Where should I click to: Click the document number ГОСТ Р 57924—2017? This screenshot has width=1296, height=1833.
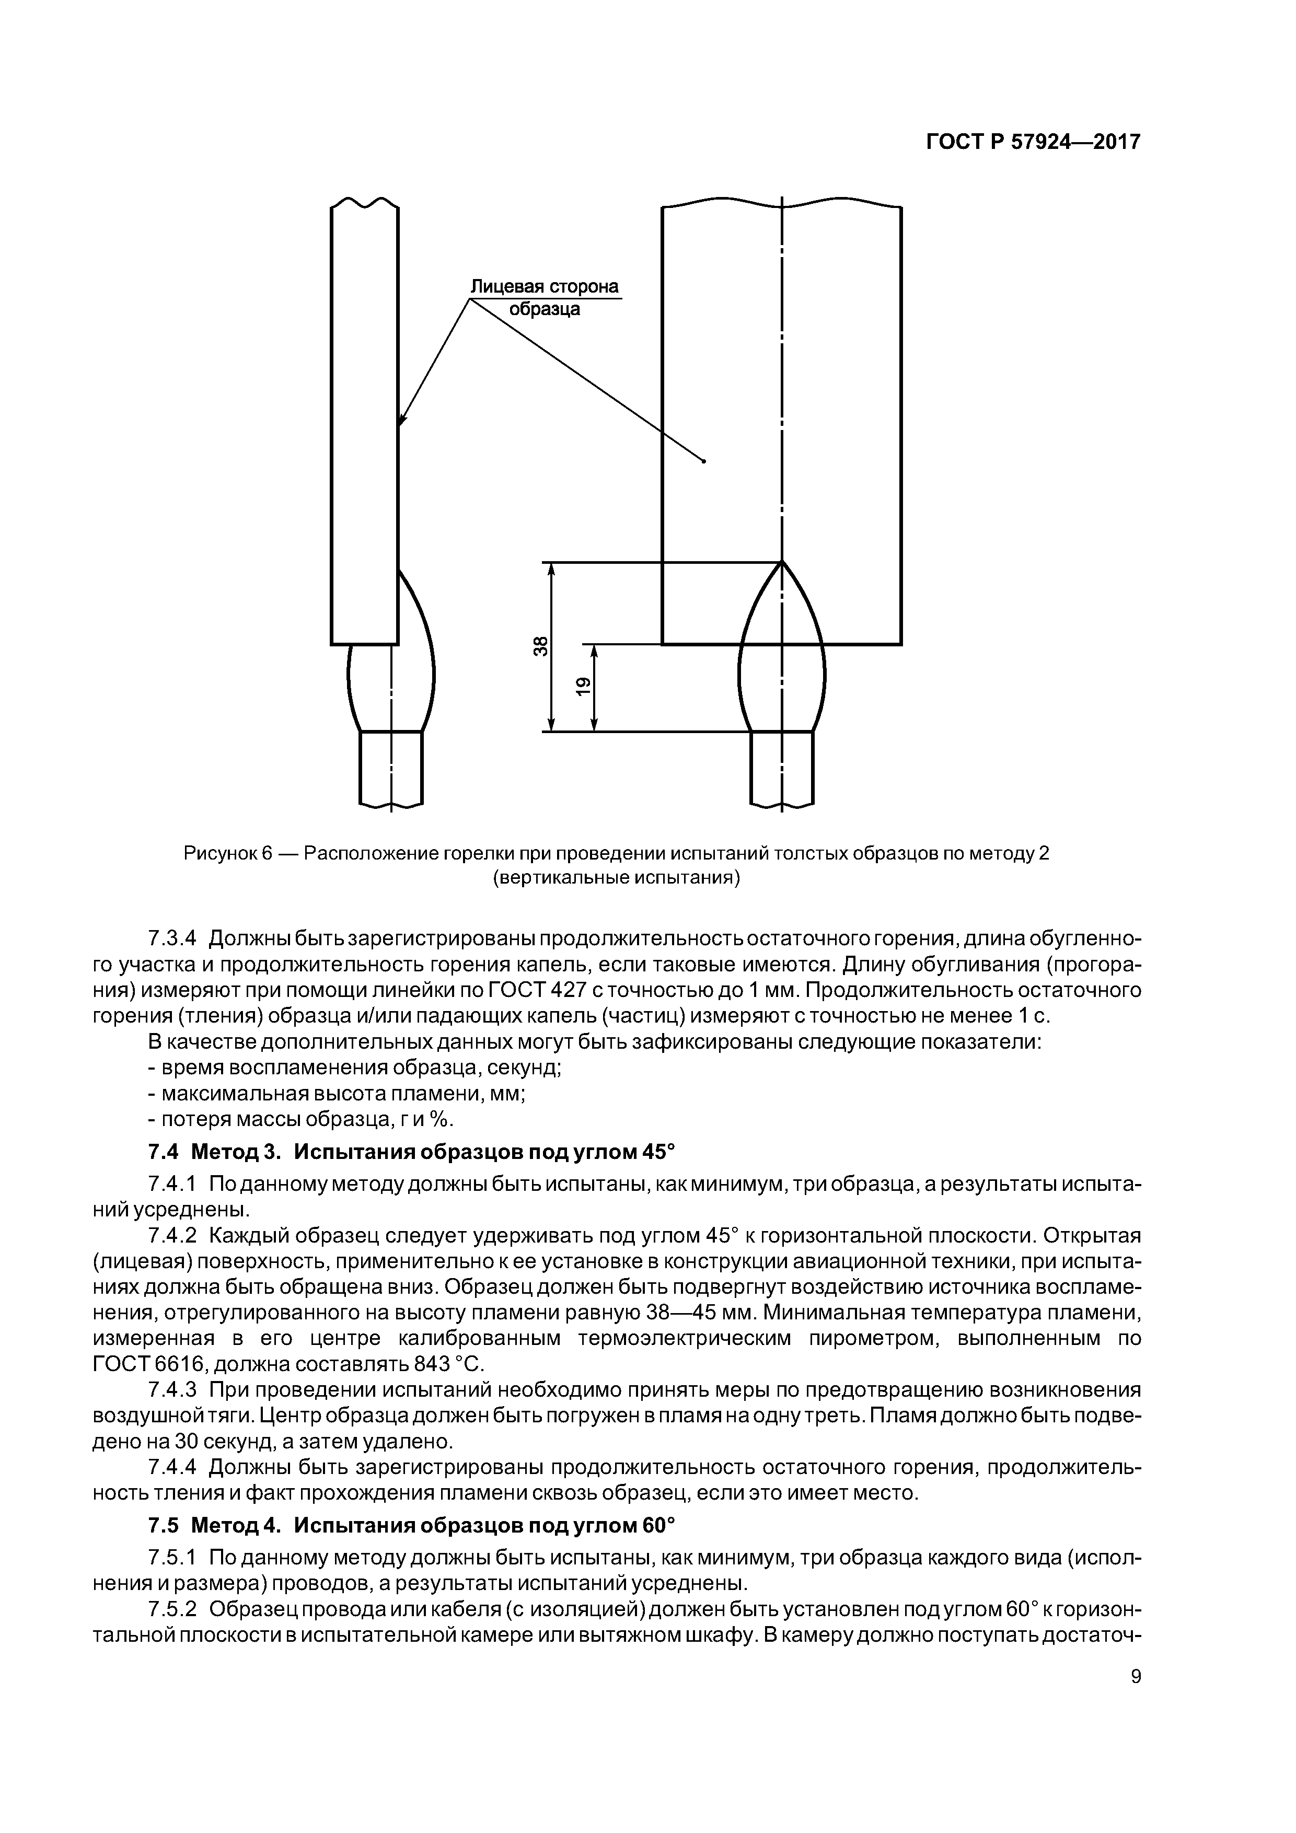(x=1033, y=142)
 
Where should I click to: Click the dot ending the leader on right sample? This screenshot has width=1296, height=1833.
(x=703, y=461)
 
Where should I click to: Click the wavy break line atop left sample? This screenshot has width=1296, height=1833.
(x=364, y=204)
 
